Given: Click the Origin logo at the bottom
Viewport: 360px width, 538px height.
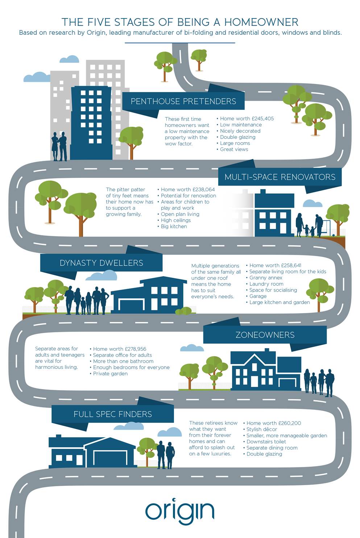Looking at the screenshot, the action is pos(180,512).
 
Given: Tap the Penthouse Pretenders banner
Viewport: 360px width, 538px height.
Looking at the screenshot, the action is pos(183,101).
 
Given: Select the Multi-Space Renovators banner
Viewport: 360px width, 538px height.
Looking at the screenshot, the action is pos(280,177).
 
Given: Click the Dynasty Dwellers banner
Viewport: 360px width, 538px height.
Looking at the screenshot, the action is pos(101,263).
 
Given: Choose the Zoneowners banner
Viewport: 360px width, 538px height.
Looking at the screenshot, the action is pos(265,334).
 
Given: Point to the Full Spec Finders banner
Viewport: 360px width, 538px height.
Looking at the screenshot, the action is pos(113,414).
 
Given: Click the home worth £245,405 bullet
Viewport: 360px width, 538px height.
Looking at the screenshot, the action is pos(245,118).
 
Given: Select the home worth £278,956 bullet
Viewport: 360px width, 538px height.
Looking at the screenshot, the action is pos(118,349).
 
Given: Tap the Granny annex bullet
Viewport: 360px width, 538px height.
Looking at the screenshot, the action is pos(264,278).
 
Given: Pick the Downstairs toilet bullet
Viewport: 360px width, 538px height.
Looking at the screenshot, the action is pos(265,441).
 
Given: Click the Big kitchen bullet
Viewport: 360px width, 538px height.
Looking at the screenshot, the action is pos(172,226).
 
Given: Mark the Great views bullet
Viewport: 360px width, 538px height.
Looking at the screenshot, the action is pos(232,149).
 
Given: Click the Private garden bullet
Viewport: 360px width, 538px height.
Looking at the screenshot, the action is pos(109,374).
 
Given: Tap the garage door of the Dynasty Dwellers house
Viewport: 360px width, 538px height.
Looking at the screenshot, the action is pos(131,306).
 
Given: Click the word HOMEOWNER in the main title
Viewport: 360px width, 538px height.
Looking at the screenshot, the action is pos(261,22).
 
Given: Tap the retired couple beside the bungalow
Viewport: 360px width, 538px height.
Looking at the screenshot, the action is pos(166,455).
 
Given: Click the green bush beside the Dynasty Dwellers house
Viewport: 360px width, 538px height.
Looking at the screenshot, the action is pos(183,311).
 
